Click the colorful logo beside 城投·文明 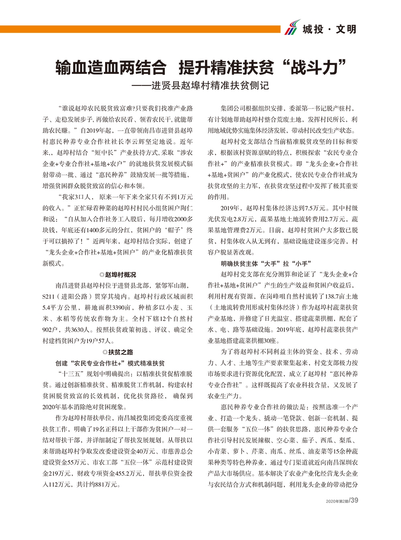click(292, 27)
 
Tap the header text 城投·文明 click(330, 29)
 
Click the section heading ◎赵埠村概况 click(117, 275)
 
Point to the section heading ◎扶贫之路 click(117, 352)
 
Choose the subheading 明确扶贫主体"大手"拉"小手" click(266, 263)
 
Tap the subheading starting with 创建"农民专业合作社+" click(110, 363)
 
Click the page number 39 click(354, 500)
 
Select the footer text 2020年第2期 click(337, 501)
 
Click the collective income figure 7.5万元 click(316, 208)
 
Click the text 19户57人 click(100, 341)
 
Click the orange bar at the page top click(140, 29)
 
